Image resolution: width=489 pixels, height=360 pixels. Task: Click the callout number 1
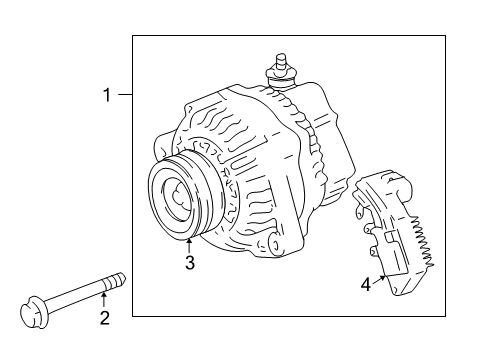coord(107,95)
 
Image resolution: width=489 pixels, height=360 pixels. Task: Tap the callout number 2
coord(105,318)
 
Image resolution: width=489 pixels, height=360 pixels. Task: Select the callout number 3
coord(190,262)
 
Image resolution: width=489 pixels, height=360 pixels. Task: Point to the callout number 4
coord(366,285)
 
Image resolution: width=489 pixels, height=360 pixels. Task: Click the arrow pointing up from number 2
coord(104,299)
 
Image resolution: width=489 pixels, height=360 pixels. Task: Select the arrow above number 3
coord(189,245)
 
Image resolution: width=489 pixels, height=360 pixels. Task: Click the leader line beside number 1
coord(125,95)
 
